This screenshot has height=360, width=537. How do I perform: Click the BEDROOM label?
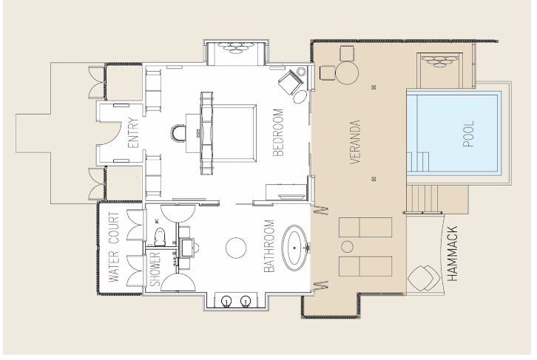[x=278, y=132]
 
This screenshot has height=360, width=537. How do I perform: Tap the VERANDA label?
[x=356, y=142]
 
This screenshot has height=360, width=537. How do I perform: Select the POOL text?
[x=468, y=134]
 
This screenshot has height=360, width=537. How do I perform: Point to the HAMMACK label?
[x=452, y=254]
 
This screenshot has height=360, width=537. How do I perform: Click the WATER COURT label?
[x=114, y=248]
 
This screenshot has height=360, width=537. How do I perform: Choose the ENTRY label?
[x=132, y=133]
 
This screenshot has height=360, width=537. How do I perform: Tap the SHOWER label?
[x=155, y=269]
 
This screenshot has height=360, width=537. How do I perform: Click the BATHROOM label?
[x=269, y=246]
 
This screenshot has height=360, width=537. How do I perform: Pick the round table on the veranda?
[x=347, y=72]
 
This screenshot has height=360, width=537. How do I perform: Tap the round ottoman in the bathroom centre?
[x=236, y=248]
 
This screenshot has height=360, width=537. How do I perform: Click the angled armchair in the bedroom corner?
[x=291, y=82]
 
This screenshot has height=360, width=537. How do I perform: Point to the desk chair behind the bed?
[x=178, y=133]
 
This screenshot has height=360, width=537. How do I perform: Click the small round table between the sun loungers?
[x=347, y=246]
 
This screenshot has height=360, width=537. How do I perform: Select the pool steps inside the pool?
[x=418, y=161]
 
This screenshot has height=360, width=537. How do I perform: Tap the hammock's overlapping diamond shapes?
[x=424, y=278]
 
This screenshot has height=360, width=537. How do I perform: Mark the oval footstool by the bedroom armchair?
[x=300, y=97]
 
